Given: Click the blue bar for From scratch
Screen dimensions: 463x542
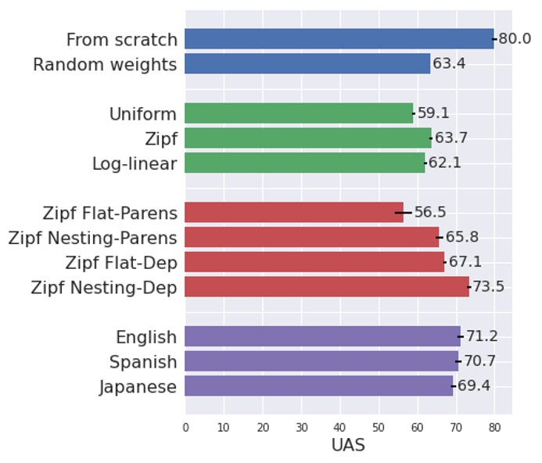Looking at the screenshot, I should coord(339,39).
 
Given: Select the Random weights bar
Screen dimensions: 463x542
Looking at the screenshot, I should coord(307,64).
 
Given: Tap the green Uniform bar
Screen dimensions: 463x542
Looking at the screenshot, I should coord(299,113).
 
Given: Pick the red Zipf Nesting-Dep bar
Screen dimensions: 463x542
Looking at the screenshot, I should coord(327,286).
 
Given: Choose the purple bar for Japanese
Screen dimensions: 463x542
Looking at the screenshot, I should coord(318,386).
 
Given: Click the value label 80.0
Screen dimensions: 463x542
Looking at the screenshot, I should coord(515,39).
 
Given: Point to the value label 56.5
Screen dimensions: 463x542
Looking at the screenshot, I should coord(429,213).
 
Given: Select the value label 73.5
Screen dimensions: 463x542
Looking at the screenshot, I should coord(488,287).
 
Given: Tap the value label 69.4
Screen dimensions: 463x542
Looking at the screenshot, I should coord(473,386).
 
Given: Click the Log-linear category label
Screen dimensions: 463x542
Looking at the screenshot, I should coord(135,164).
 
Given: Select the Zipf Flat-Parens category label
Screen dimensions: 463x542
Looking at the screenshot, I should coord(110,213).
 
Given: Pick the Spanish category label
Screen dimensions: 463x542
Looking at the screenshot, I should coord(143,362).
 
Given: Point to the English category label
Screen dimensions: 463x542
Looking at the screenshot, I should coord(146,338).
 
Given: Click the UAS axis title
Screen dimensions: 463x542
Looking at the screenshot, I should coord(348,446).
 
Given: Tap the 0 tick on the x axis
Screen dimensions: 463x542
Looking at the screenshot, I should coord(185,428).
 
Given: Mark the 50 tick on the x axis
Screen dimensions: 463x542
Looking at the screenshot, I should coord(379,428).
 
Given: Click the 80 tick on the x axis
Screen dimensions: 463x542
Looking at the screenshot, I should coord(494,428).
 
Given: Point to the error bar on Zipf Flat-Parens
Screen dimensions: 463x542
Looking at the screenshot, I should coord(404,212).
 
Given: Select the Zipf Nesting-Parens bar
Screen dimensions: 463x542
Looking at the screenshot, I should coord(312,237).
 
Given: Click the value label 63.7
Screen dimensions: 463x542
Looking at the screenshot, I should coord(450,138).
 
